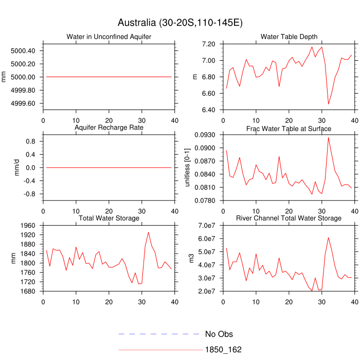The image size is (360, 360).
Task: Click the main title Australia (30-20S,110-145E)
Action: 180,23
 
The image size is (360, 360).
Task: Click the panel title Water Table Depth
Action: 289,37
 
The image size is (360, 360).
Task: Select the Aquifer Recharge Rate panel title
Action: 109,128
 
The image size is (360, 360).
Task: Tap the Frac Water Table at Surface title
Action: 289,128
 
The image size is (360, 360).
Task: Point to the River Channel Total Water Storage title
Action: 289,219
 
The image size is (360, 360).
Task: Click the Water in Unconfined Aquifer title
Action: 109,37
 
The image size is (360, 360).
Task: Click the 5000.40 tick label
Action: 23,50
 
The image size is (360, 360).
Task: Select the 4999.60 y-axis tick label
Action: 23,103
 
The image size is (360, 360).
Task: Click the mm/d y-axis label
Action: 17,168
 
